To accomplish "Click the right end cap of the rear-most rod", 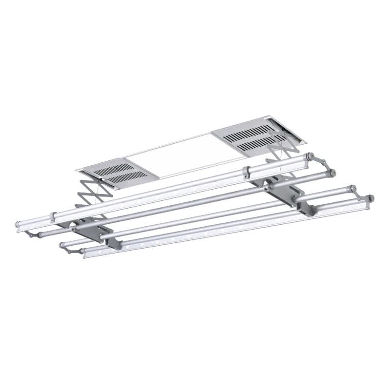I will pos(309,156).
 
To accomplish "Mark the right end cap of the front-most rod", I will pos(370,198).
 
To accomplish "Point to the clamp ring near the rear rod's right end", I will pos(246,171).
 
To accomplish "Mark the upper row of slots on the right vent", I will pos(251,131).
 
